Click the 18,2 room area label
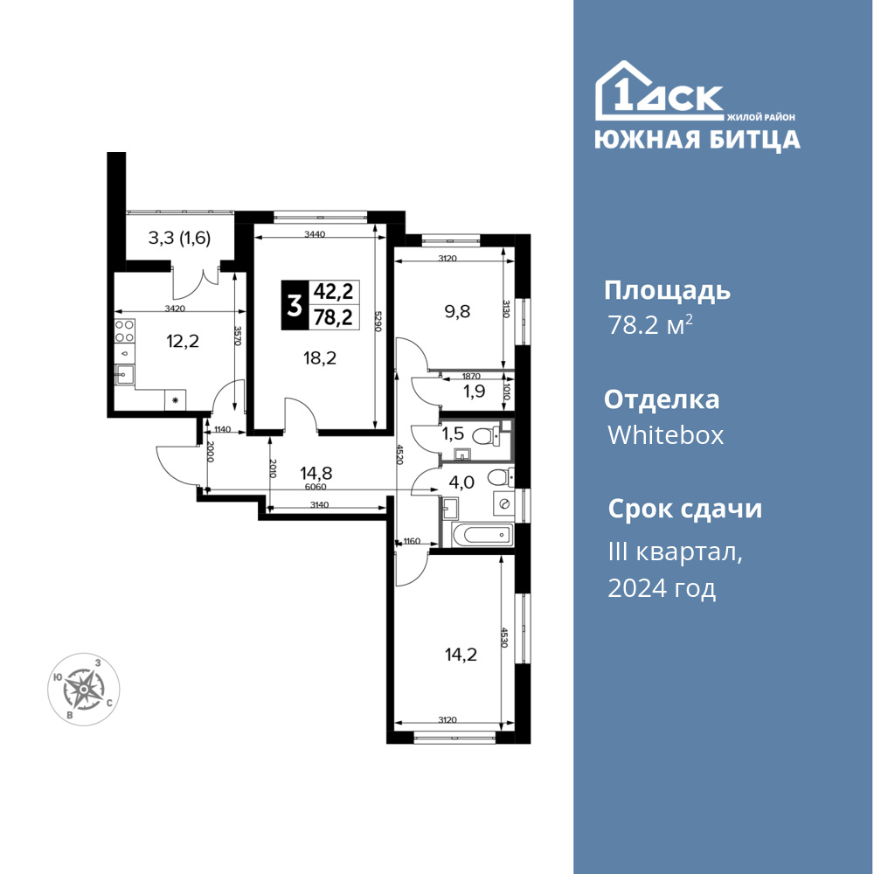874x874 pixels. pyautogui.click(x=319, y=357)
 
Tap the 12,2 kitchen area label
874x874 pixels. pyautogui.click(x=183, y=341)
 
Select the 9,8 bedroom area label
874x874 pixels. pyautogui.click(x=457, y=312)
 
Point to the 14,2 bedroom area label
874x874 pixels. pyautogui.click(x=461, y=655)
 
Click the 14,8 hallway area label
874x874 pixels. pyautogui.click(x=316, y=473)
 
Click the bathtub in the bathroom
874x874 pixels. pyautogui.click(x=482, y=536)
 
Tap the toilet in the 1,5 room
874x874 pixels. pyautogui.click(x=483, y=436)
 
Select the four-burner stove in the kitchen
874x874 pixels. pyautogui.click(x=124, y=331)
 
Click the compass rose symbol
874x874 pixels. pyautogui.click(x=83, y=690)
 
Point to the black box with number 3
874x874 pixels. pyautogui.click(x=293, y=305)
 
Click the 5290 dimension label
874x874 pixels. pyautogui.click(x=378, y=322)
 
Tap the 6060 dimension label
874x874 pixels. pyautogui.click(x=316, y=487)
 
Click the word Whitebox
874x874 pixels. pyautogui.click(x=665, y=434)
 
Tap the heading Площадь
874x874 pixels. pyautogui.click(x=667, y=292)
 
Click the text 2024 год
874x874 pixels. pyautogui.click(x=662, y=588)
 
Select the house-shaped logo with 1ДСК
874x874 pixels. pyautogui.click(x=659, y=91)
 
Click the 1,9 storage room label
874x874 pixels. pyautogui.click(x=475, y=392)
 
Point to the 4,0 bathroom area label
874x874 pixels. pyautogui.click(x=461, y=482)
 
